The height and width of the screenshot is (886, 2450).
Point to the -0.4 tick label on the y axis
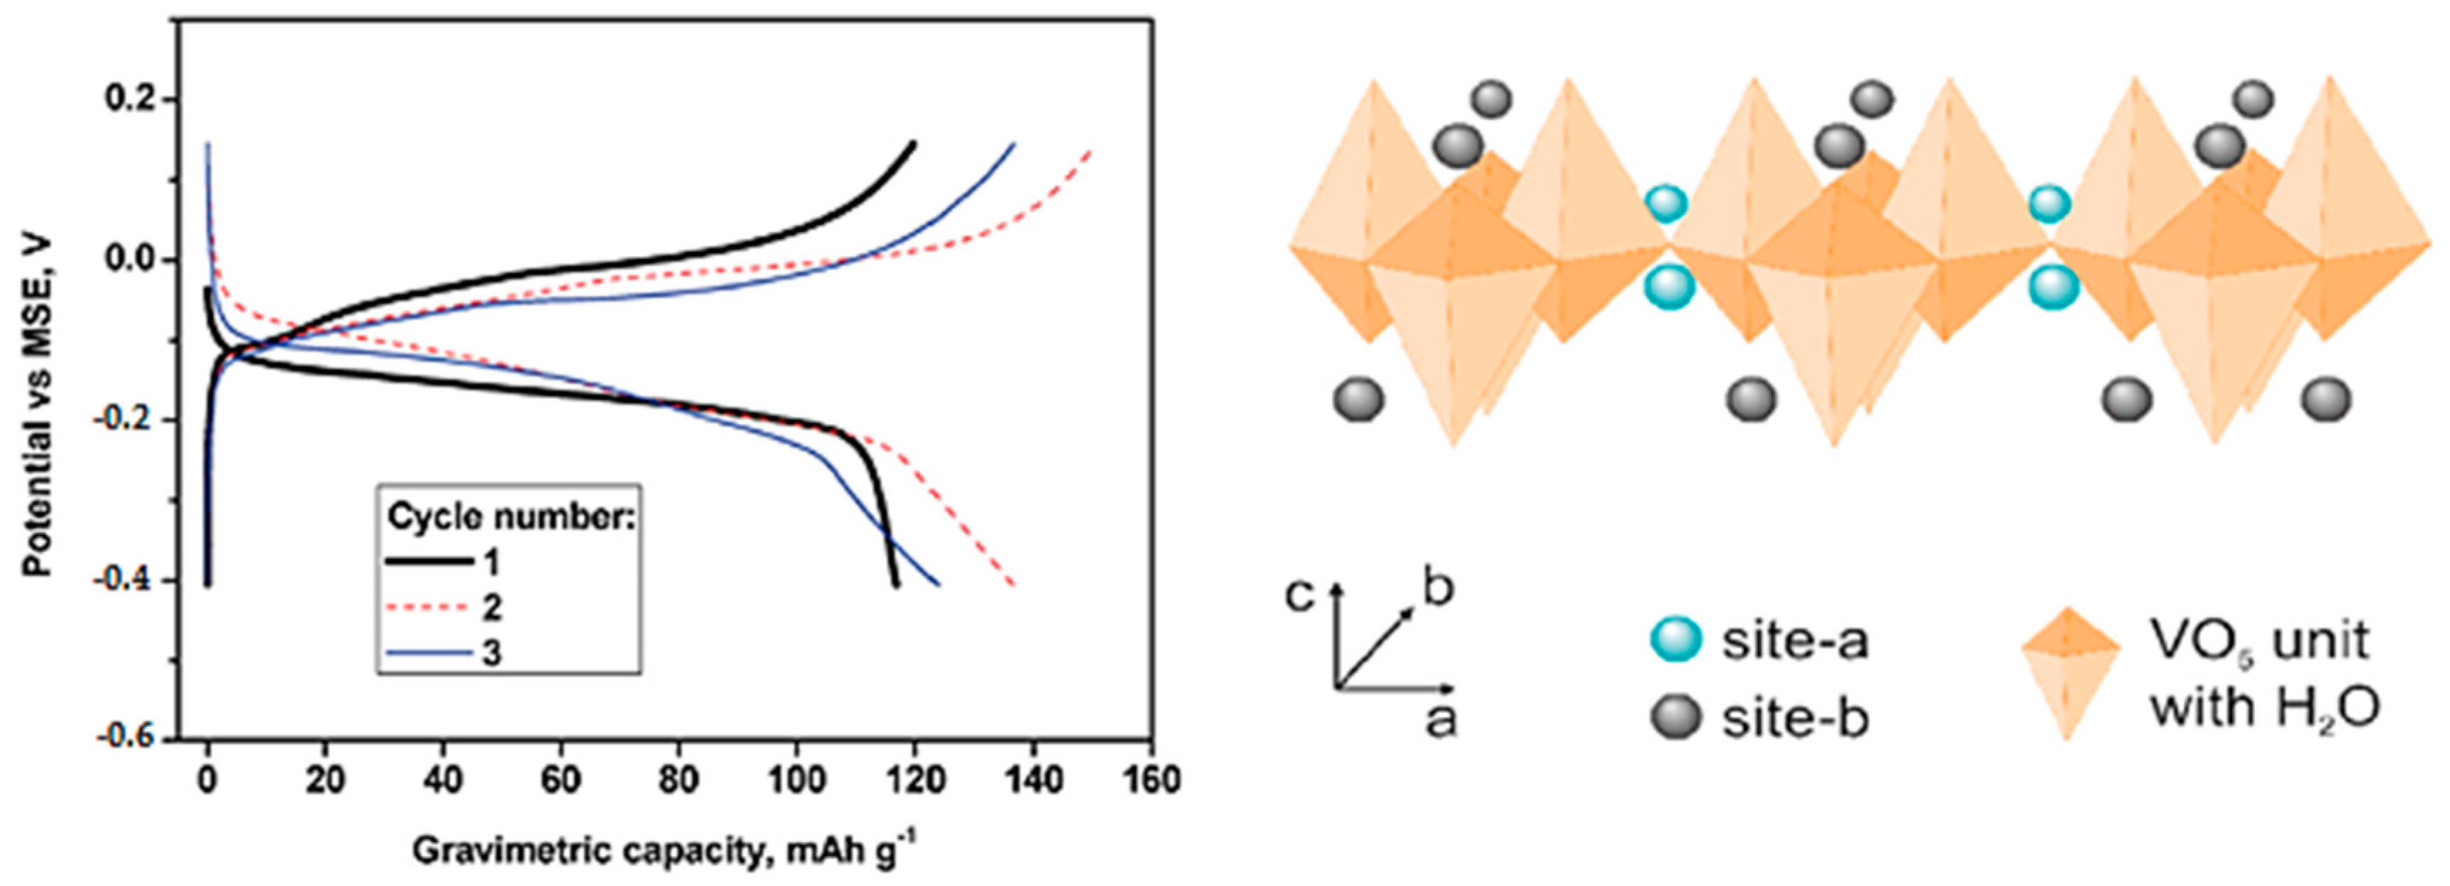129,580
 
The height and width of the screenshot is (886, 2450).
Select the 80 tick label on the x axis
678,780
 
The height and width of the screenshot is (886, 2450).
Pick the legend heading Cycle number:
510,517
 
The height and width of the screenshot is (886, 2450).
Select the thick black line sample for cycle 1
429,562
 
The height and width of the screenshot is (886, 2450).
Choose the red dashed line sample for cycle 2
429,607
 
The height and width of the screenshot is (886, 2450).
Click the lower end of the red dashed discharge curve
1013,584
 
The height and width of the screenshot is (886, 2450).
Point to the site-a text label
1796,642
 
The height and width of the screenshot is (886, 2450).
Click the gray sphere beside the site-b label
1676,718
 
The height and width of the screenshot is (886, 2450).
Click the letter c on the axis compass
1300,595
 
